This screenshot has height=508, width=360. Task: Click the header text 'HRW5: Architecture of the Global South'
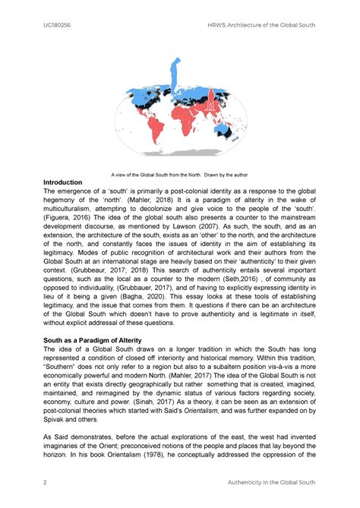[x=266, y=25]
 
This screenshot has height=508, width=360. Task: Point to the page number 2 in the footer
[x=46, y=483]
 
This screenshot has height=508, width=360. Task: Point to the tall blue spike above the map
[x=177, y=72]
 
